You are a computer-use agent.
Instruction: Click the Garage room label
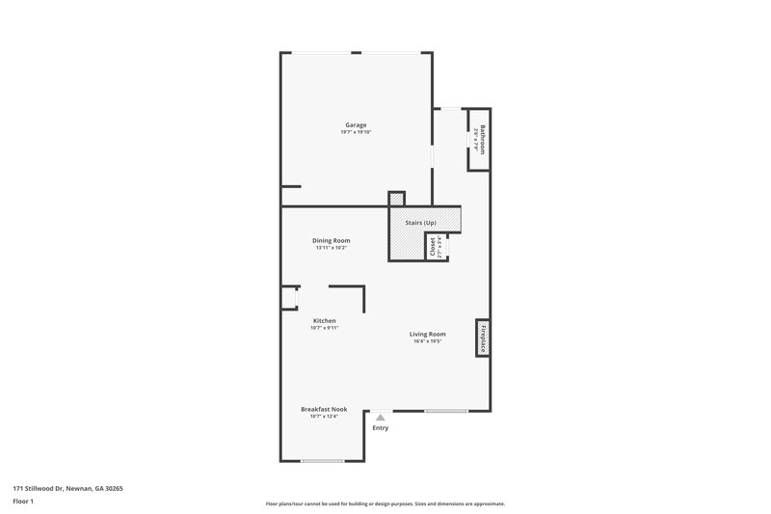[357, 124]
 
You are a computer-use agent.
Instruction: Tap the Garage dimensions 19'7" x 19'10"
[357, 132]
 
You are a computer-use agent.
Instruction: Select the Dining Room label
[331, 240]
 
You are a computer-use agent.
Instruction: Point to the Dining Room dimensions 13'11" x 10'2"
[331, 248]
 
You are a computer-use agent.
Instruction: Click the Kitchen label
[324, 320]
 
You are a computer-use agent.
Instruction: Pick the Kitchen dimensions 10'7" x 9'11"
[324, 328]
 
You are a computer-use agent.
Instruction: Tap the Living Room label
[429, 334]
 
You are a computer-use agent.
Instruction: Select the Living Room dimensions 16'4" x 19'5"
[429, 341]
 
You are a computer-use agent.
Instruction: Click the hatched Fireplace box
[482, 338]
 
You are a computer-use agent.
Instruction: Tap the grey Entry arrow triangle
[381, 418]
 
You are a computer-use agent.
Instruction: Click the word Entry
[381, 428]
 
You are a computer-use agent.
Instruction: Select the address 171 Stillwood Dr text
[67, 488]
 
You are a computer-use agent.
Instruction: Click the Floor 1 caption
[24, 501]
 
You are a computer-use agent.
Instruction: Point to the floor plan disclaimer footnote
[385, 503]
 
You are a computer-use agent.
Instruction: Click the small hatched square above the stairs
[397, 200]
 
